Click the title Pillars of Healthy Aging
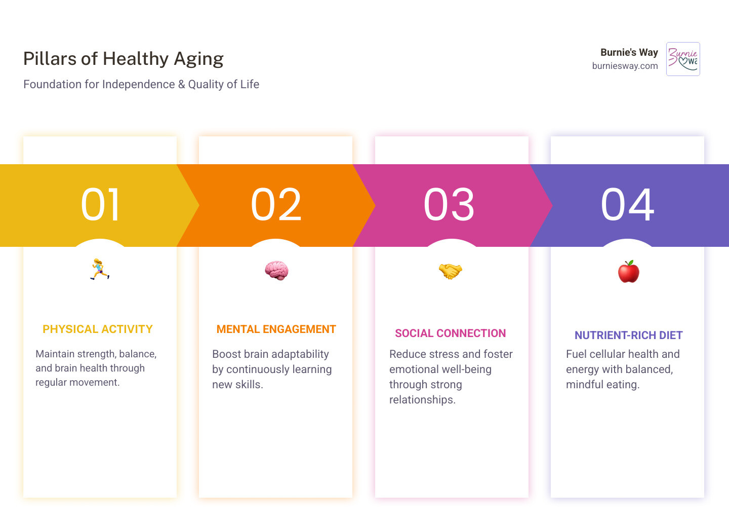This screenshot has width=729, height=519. (123, 59)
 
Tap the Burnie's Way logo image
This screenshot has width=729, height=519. (683, 59)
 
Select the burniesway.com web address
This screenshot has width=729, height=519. (625, 66)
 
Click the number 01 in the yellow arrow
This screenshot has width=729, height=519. (100, 204)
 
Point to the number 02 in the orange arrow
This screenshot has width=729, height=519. (276, 204)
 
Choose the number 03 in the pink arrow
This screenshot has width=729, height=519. (449, 204)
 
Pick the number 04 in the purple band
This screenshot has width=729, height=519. (627, 204)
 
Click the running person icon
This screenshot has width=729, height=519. (100, 269)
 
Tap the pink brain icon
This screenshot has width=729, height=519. (276, 270)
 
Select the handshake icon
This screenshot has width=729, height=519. (451, 271)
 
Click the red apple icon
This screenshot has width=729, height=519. (628, 272)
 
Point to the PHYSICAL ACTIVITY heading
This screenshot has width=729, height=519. (98, 329)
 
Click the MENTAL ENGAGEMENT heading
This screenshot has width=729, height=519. (276, 329)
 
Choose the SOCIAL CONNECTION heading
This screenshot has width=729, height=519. (450, 333)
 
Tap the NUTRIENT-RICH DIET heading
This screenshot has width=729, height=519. (628, 336)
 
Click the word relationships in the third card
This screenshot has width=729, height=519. (421, 400)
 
